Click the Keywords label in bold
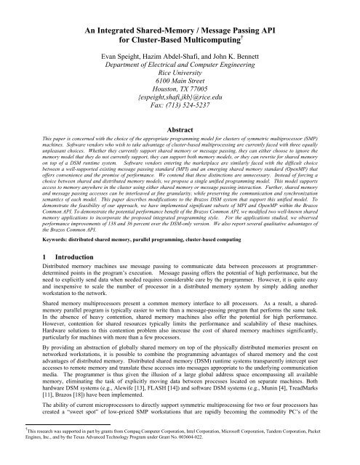[x=42, y=239]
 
